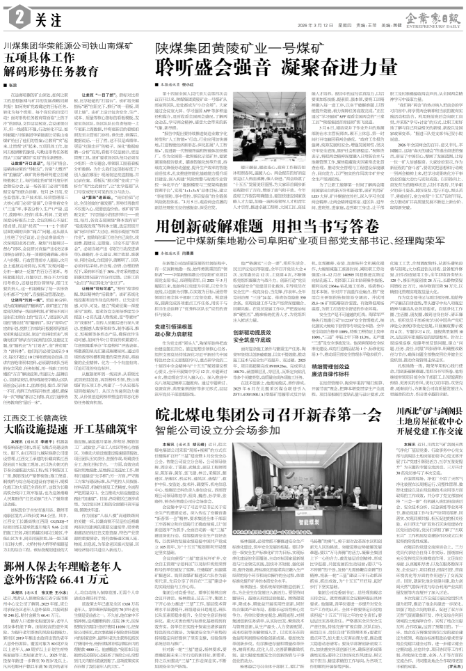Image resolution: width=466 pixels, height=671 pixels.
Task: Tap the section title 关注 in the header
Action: pyautogui.click(x=40, y=13)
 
